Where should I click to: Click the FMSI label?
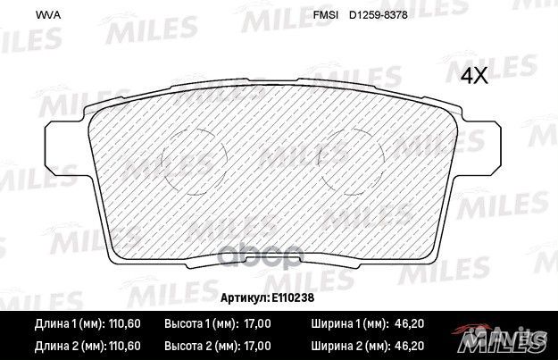(325, 15)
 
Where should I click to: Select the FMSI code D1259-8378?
(379, 15)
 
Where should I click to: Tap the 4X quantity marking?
(475, 76)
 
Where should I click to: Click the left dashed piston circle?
(162, 162)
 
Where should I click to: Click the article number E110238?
(293, 297)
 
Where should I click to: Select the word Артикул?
(245, 297)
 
